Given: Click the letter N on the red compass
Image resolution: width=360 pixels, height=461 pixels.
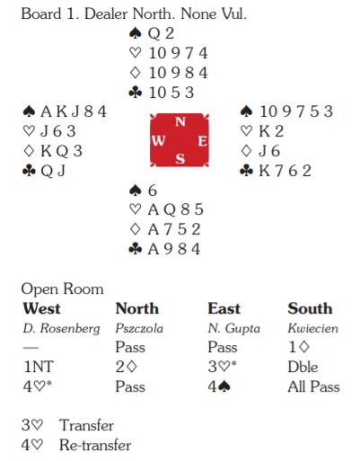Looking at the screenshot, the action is [x=180, y=121].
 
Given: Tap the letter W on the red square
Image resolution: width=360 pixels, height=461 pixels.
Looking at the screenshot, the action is [x=158, y=140].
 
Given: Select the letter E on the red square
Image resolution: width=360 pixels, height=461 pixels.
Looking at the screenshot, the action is [x=202, y=141].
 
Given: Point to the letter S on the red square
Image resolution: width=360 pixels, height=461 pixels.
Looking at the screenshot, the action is [x=180, y=158].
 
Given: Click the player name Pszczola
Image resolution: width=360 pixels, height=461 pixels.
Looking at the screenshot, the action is [x=139, y=329].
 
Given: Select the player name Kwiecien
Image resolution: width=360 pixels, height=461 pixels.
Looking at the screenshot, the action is [x=312, y=328].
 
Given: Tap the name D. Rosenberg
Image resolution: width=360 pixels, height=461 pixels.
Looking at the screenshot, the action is [x=61, y=329].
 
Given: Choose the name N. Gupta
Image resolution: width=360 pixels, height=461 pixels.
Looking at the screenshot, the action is [x=234, y=329].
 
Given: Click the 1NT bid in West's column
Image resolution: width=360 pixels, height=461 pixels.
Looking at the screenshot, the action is [x=39, y=367].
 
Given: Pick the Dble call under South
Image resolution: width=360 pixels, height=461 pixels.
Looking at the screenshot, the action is [x=303, y=367].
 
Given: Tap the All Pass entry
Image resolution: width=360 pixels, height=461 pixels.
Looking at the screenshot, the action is [x=313, y=386].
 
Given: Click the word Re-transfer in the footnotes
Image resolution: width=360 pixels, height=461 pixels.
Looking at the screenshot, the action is [x=95, y=445].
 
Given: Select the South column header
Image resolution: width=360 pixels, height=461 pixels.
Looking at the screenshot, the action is [x=310, y=308].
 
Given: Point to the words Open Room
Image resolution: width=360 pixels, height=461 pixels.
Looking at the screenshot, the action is [x=62, y=289].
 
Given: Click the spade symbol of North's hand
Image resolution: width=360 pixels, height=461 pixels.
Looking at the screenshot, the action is [x=135, y=33].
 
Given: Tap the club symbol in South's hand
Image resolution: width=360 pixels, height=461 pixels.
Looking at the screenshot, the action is [x=135, y=249].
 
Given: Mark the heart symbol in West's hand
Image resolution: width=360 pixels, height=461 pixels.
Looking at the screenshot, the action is [x=29, y=131].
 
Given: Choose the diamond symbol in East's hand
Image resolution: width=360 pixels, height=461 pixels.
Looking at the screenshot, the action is [x=246, y=151].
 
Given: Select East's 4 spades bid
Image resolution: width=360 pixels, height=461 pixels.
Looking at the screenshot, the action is [x=219, y=386].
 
